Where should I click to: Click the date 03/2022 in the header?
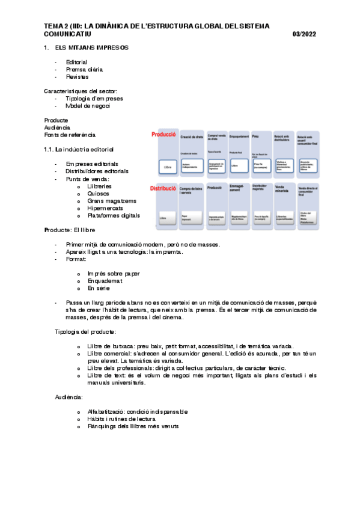[x=304, y=34]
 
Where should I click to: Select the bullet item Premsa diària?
[x=85, y=70]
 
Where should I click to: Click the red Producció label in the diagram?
[x=163, y=135]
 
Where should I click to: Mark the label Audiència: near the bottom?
[x=68, y=398]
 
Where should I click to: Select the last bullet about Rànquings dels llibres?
[x=133, y=427]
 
